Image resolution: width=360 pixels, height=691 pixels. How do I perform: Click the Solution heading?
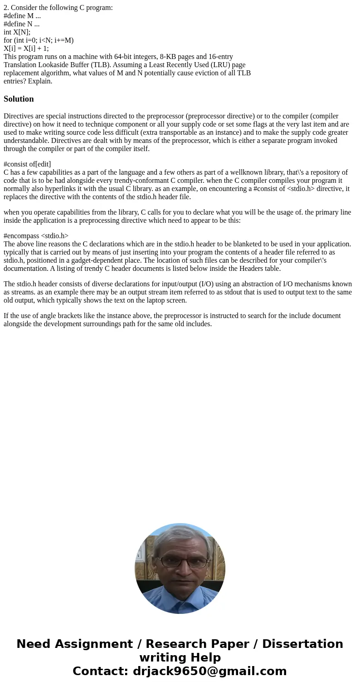click(x=19, y=99)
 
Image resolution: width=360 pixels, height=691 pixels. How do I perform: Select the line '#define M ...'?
click(x=22, y=16)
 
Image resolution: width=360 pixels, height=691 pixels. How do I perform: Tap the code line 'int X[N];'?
click(x=17, y=32)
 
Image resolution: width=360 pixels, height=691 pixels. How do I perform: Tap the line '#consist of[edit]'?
click(x=27, y=164)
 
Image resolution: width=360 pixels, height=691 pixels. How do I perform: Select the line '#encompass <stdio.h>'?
click(x=36, y=236)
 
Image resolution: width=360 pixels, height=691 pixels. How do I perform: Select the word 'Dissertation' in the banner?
click(x=302, y=644)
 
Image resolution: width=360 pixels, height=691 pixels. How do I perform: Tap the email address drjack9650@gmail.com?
click(x=209, y=671)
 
